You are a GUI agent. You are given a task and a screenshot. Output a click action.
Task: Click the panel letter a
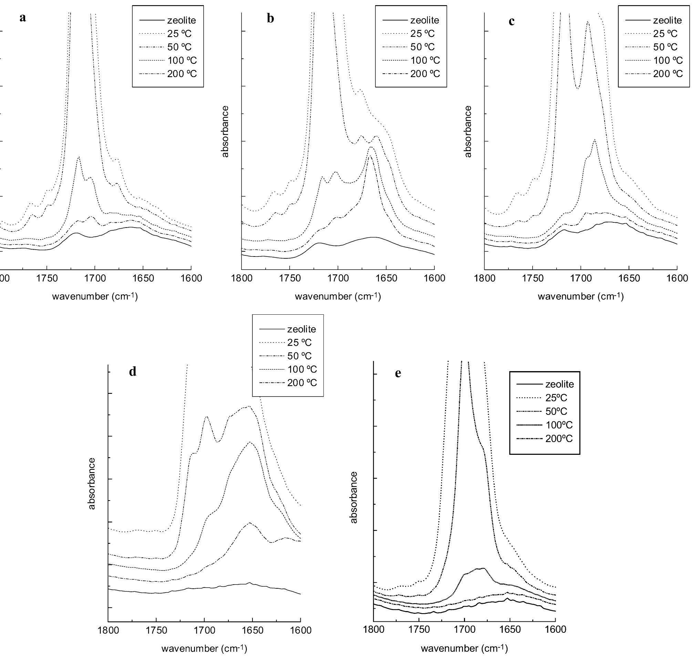(x=23, y=18)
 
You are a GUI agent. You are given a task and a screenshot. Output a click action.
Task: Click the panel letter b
(x=270, y=19)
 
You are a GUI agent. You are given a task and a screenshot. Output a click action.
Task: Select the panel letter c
(x=512, y=21)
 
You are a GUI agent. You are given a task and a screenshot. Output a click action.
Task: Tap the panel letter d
(x=133, y=372)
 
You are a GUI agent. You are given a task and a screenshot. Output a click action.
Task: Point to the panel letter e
(x=398, y=374)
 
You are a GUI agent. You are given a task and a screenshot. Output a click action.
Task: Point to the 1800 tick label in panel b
(x=241, y=279)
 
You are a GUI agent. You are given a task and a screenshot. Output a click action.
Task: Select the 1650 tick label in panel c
(x=629, y=279)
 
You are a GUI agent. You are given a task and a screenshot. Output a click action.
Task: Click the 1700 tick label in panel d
(x=204, y=630)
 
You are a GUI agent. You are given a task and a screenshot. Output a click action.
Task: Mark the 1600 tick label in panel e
(x=556, y=630)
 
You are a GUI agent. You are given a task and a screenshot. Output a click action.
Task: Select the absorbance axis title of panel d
(x=92, y=483)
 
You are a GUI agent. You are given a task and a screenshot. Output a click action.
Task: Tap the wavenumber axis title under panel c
(x=581, y=297)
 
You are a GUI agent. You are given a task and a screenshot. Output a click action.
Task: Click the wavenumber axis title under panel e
(x=464, y=648)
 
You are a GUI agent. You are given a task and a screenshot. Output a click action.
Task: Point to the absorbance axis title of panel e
(x=354, y=497)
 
